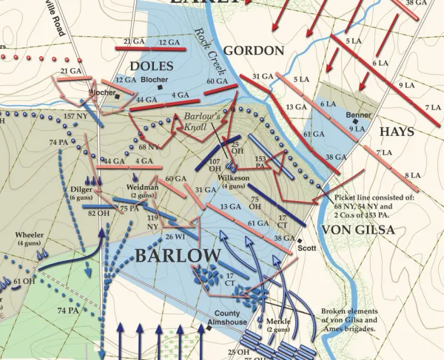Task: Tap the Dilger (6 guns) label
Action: pyautogui.click(x=79, y=193)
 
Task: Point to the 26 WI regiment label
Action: pyautogui.click(x=175, y=237)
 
